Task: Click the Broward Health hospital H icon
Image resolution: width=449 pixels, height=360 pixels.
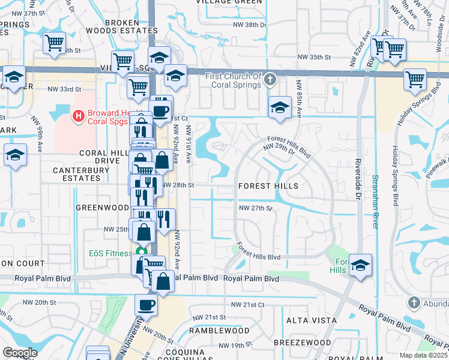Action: point(77,115)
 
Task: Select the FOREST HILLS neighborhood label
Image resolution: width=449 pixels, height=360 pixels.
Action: point(268,186)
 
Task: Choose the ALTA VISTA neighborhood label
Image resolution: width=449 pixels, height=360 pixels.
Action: point(311,320)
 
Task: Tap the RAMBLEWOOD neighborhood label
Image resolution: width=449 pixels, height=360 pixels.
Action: point(219,331)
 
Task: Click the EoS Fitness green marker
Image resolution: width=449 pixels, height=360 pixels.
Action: point(141,253)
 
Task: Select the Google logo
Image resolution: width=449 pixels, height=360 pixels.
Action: point(20,352)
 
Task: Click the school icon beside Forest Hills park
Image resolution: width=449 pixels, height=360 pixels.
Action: point(360,265)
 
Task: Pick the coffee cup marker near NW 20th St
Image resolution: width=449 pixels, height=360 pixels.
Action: point(146,305)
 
